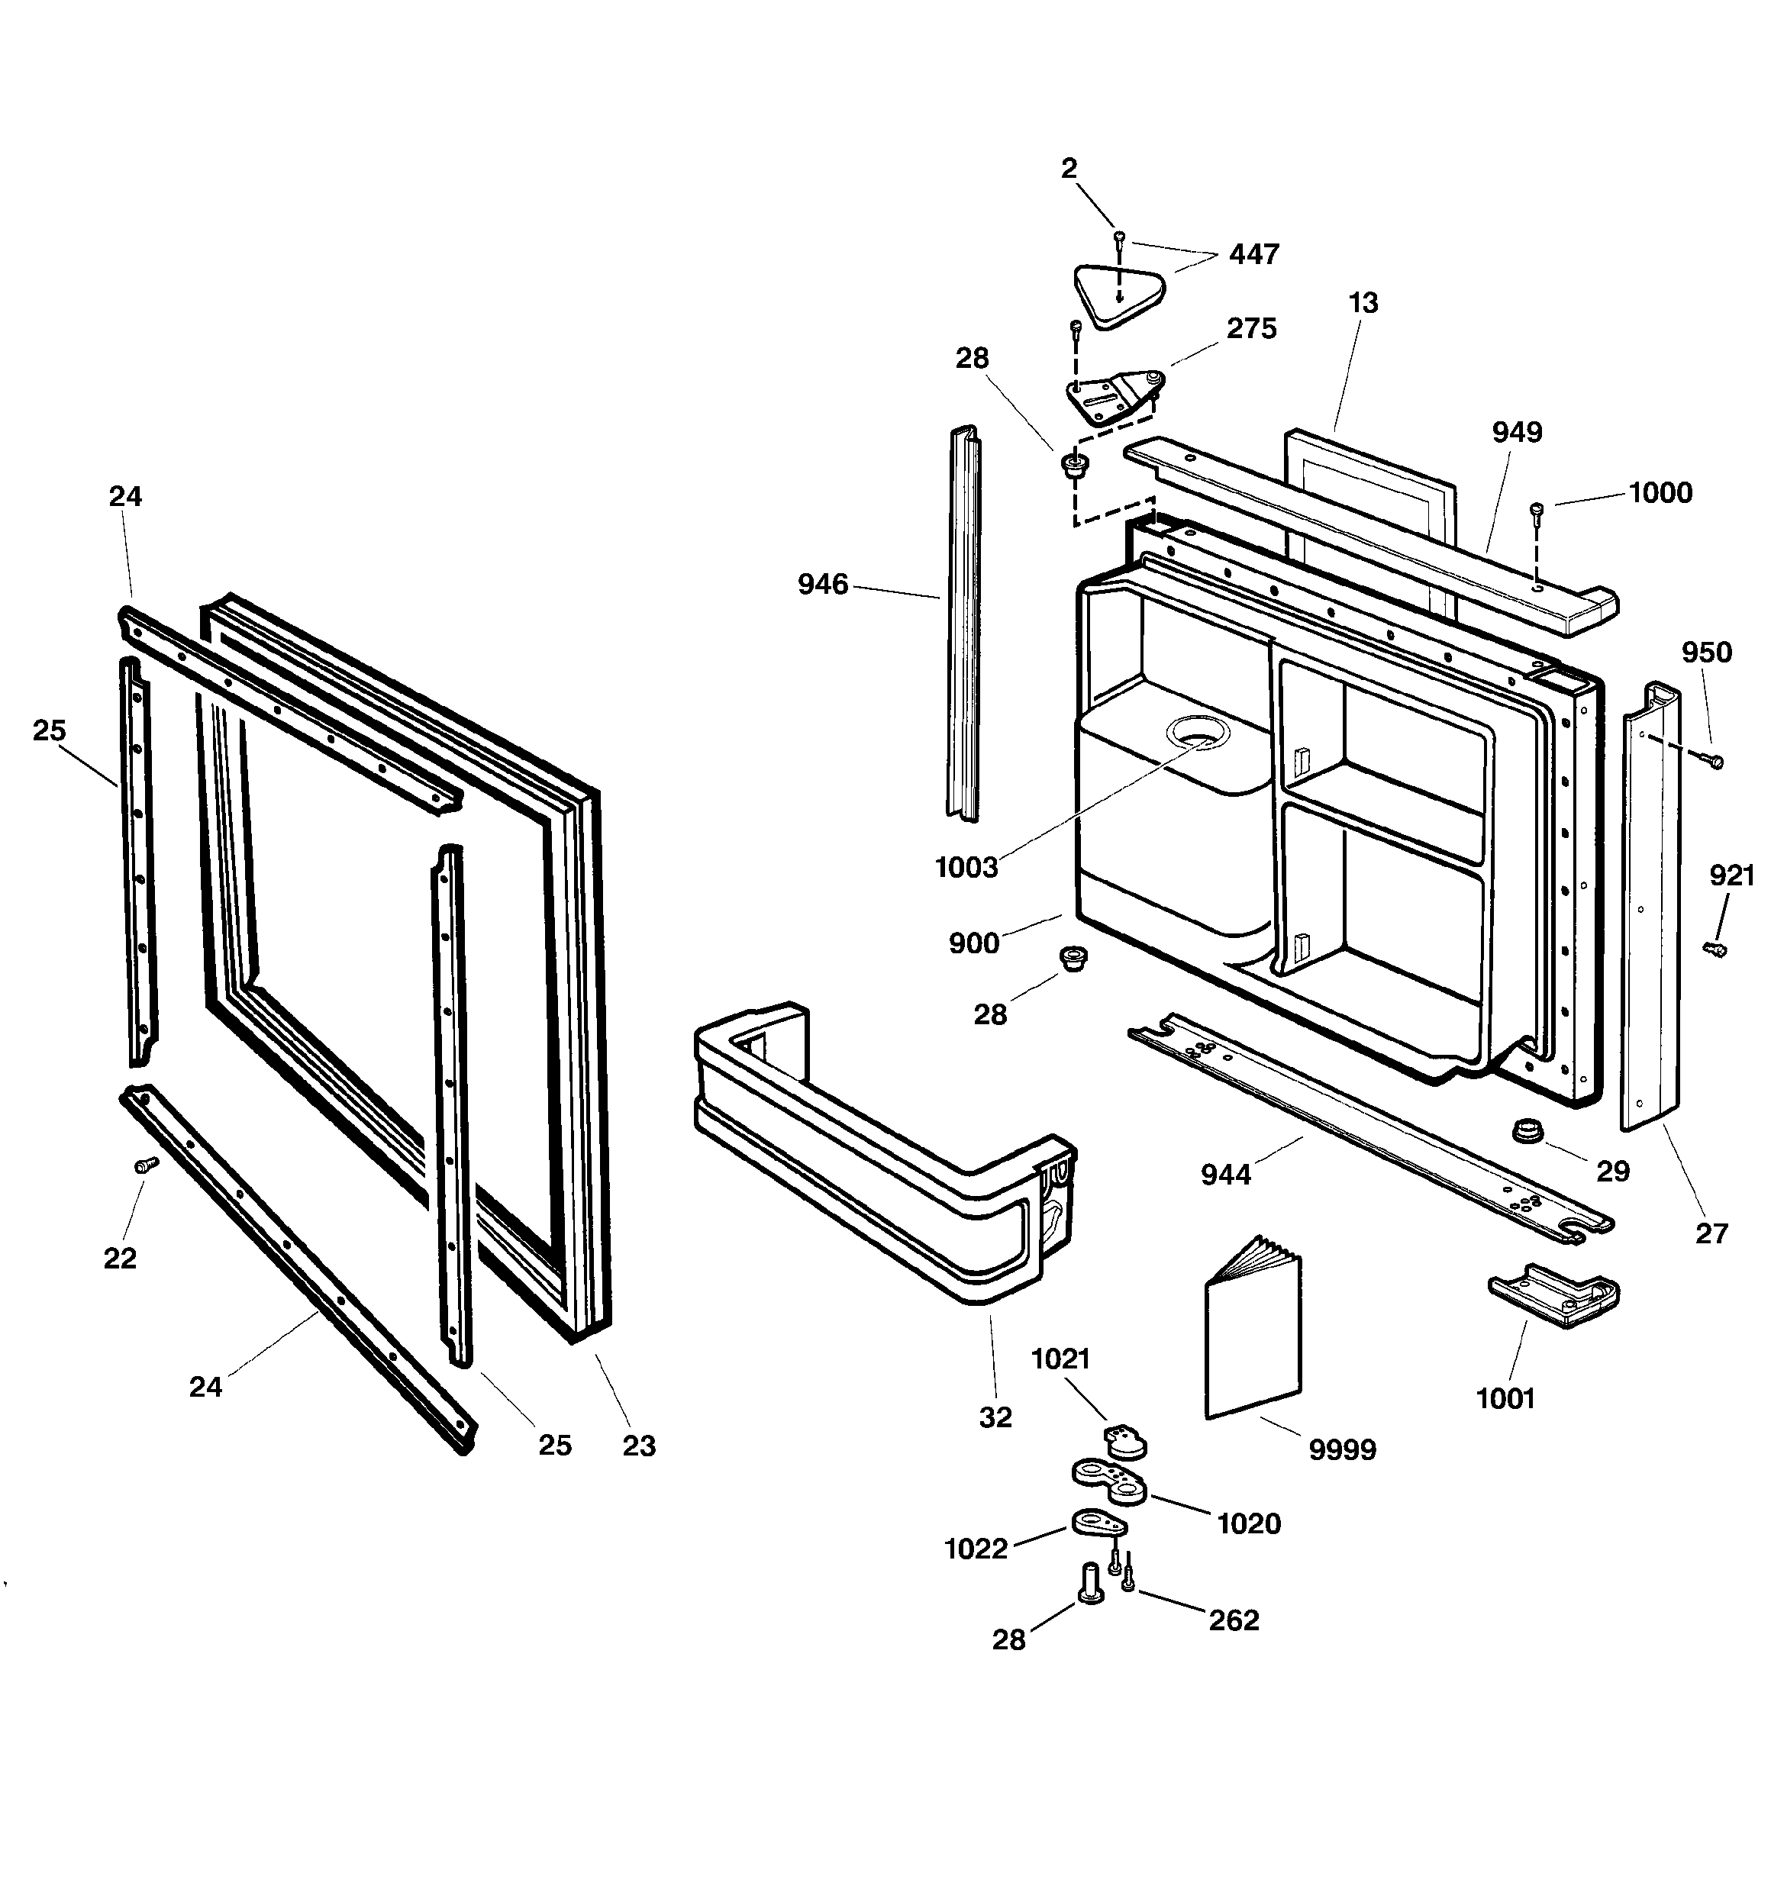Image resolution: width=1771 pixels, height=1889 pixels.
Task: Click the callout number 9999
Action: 1341,1450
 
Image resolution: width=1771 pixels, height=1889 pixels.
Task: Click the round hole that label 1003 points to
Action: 1200,732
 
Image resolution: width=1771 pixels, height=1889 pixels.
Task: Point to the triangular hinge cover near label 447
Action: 1118,296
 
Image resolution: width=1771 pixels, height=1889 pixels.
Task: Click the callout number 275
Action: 1251,329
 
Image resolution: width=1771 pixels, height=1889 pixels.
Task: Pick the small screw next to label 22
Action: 146,1165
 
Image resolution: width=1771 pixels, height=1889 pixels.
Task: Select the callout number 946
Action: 822,585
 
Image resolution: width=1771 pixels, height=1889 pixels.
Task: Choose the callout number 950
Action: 1706,652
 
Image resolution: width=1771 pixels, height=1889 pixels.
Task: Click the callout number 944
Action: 1225,1175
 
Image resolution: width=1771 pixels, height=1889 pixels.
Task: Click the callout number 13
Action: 1363,303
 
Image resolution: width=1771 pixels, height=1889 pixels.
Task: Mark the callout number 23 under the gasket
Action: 639,1446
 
